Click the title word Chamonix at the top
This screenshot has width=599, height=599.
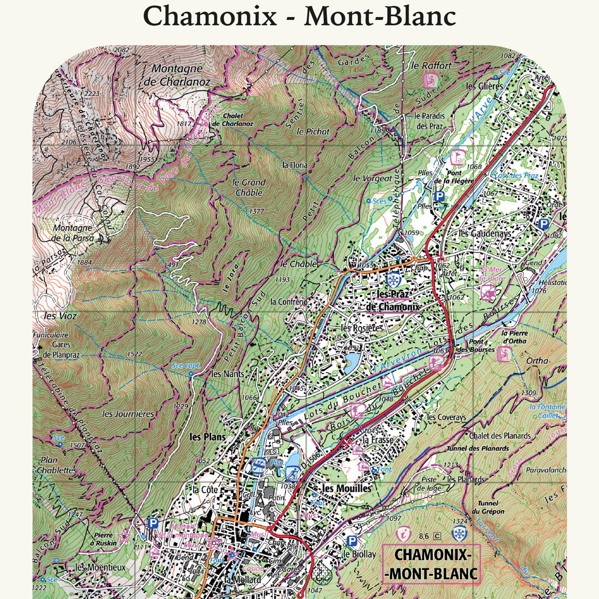pyautogui.click(x=210, y=16)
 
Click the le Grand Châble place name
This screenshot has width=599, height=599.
pyautogui.click(x=248, y=187)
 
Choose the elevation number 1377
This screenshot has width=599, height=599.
pyautogui.click(x=256, y=211)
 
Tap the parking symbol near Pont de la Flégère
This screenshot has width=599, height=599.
pyautogui.click(x=439, y=196)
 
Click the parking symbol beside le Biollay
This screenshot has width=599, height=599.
pyautogui.click(x=351, y=540)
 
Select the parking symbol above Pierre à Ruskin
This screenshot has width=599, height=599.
pyautogui.click(x=153, y=523)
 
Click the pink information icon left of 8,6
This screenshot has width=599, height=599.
pyautogui.click(x=403, y=534)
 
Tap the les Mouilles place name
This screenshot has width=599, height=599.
pyautogui.click(x=346, y=488)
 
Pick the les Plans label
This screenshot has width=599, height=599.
pyautogui.click(x=207, y=437)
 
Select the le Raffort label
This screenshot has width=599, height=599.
pyautogui.click(x=432, y=65)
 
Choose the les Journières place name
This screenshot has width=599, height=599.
pyautogui.click(x=128, y=414)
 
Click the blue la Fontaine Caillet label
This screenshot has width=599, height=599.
pyautogui.click(x=547, y=410)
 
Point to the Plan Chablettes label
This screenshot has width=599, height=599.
pyautogui.click(x=57, y=465)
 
